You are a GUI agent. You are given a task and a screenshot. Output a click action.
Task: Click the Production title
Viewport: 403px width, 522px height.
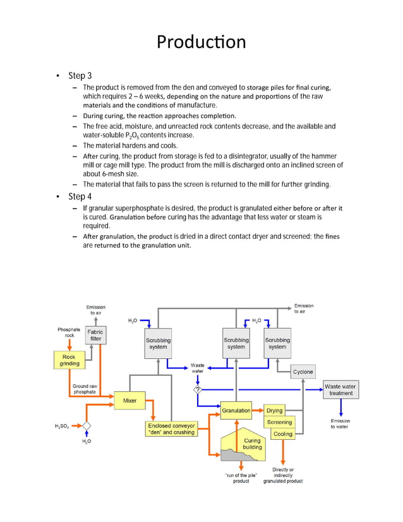tap(201, 42)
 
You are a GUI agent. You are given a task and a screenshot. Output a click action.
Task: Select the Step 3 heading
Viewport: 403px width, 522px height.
tap(80, 76)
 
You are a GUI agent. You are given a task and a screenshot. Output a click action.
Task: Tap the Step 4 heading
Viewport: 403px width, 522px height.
tap(80, 197)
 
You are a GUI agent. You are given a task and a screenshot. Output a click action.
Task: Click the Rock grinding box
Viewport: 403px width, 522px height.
tap(69, 360)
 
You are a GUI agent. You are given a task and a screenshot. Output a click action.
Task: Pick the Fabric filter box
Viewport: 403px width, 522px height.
tap(95, 335)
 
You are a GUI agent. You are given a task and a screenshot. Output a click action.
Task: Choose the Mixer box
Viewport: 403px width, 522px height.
tap(129, 401)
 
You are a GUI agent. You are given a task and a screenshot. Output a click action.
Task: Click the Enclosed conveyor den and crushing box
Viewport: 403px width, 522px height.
tap(171, 428)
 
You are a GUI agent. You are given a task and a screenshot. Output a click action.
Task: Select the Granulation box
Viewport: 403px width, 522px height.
tap(236, 411)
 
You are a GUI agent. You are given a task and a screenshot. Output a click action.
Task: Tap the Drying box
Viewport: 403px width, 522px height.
tap(275, 411)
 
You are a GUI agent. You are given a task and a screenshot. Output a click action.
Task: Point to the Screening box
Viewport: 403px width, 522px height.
tap(280, 422)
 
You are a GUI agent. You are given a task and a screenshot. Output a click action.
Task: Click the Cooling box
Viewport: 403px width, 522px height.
tap(283, 434)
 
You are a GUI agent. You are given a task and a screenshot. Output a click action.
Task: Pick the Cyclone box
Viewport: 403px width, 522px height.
tap(303, 372)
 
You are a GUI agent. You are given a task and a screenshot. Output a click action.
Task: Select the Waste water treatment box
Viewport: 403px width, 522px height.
tap(340, 389)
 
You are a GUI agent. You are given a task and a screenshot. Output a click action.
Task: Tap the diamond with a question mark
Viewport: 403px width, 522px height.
tap(198, 389)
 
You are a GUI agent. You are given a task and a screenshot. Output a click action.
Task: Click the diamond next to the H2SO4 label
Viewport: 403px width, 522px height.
tap(87, 426)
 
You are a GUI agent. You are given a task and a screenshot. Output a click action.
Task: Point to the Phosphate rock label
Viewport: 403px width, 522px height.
tap(69, 332)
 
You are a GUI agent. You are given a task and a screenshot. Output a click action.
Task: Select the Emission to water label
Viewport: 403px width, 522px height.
tap(340, 423)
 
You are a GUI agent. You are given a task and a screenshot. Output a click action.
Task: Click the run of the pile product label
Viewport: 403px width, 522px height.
tap(241, 478)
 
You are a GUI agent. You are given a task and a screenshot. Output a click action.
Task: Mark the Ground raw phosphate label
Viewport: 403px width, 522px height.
tap(85, 389)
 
